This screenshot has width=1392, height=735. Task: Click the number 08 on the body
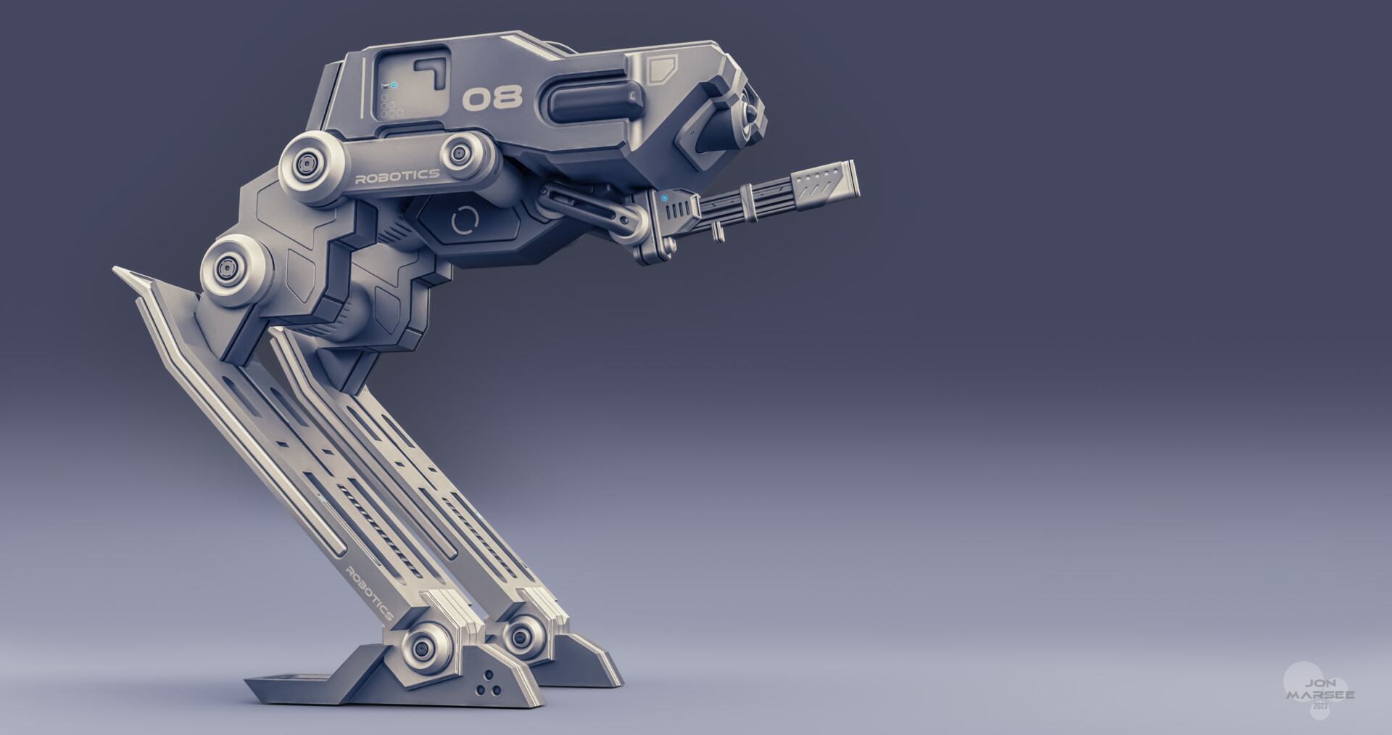492,98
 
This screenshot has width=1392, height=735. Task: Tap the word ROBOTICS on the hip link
397,175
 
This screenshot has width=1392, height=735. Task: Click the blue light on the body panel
393,86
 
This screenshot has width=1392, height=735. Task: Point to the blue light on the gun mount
664,197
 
